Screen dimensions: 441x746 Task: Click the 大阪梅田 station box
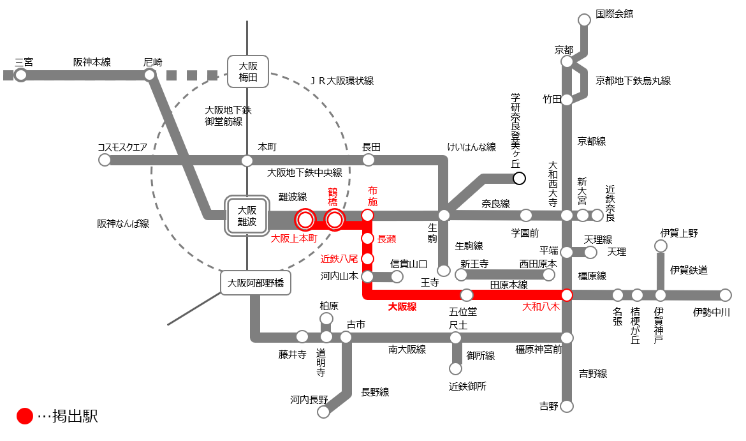coord(247,71)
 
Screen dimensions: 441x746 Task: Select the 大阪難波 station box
coord(247,215)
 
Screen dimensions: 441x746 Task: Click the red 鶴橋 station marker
coord(335,220)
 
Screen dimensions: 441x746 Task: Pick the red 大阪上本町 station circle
coord(305,220)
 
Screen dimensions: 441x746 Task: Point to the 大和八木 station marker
coord(567,295)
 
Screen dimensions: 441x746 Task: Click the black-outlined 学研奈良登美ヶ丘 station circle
coord(519,178)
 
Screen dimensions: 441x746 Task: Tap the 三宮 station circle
coord(21,75)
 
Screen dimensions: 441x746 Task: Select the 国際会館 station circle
coord(584,20)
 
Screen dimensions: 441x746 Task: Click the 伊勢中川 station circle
coord(725,295)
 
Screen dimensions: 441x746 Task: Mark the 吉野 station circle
coord(567,406)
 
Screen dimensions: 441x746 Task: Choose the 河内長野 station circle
coord(324,412)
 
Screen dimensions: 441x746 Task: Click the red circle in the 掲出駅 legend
coord(24,417)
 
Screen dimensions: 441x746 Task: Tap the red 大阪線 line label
coord(402,307)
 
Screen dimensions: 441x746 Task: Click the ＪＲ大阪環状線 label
coord(342,80)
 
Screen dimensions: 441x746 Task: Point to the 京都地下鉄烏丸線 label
coord(633,80)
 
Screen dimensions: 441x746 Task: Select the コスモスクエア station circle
coord(105,160)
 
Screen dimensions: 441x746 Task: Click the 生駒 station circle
coord(444,215)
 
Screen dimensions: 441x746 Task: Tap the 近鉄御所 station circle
coord(455,368)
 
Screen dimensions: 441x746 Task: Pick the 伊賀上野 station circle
coord(661,246)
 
